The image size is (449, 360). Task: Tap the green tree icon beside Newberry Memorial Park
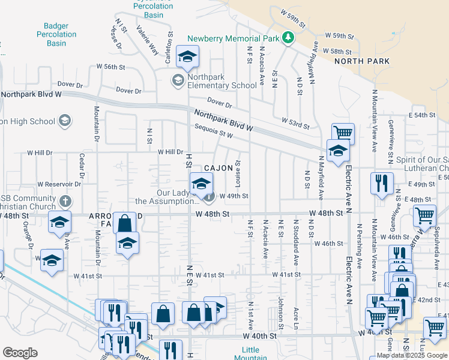pos(289,38)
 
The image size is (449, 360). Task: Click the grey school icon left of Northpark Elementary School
pos(178,80)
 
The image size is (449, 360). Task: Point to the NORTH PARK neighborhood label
pos(362,61)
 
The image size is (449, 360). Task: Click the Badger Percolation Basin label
pos(61,34)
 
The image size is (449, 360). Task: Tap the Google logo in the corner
pos(20,352)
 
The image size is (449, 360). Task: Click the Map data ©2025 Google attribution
pos(412,355)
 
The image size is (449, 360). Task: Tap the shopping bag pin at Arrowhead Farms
pos(124,223)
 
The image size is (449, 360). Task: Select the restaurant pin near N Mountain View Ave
pos(382,184)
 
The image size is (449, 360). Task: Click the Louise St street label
pos(238,172)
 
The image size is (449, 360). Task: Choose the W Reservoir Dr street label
pos(59,184)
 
